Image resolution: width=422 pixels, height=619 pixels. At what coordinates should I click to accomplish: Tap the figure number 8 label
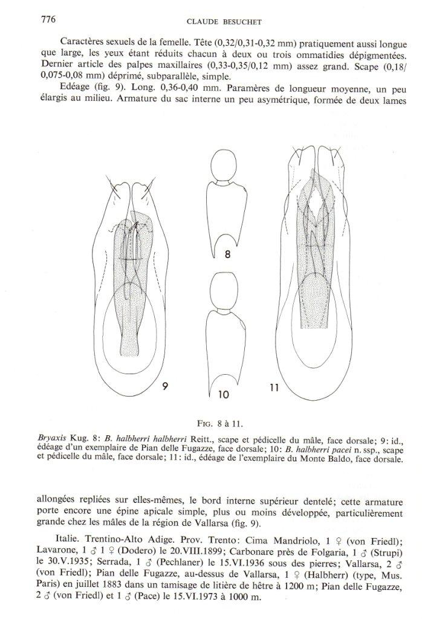(x=227, y=254)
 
